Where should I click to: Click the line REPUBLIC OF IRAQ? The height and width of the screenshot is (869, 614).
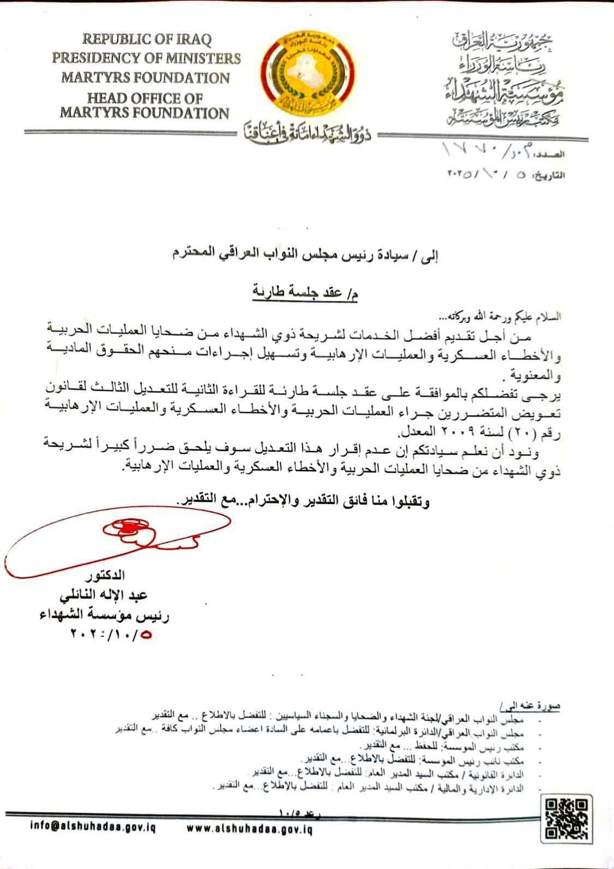point(147,39)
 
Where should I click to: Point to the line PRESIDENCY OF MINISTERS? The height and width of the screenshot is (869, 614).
point(146,58)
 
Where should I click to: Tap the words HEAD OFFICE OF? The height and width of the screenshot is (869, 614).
point(145,99)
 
